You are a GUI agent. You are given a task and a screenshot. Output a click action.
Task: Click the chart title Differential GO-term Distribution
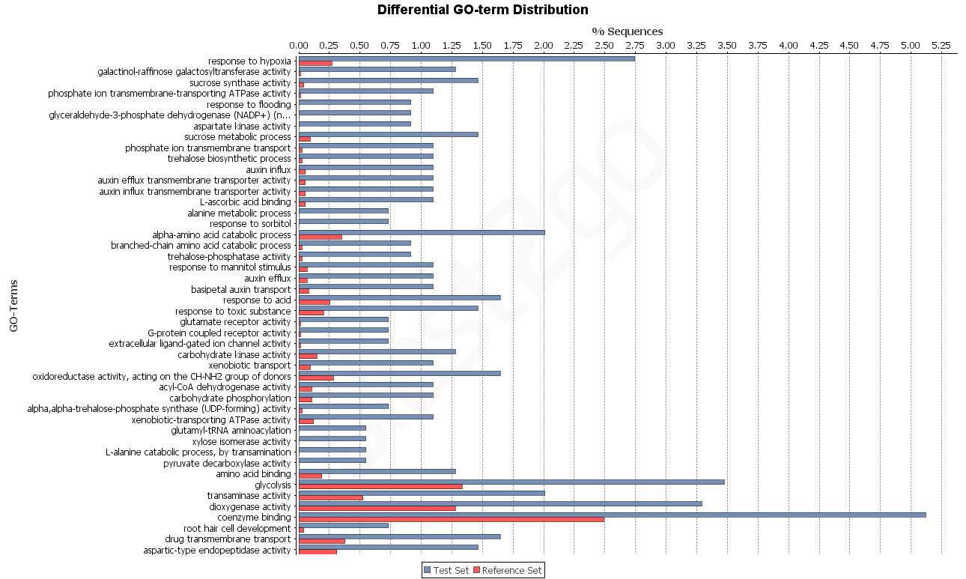pos(482,10)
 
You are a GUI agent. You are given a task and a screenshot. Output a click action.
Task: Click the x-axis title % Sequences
pos(627,31)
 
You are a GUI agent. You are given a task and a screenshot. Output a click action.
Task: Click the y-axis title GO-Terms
pos(13,306)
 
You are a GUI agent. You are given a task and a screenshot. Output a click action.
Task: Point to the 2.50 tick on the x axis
pos(604,46)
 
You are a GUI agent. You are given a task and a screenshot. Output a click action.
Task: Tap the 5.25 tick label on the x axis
pos(941,46)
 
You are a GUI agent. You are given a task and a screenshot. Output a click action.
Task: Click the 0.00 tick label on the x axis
pos(299,46)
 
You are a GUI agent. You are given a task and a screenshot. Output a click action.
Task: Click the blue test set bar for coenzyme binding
pos(612,515)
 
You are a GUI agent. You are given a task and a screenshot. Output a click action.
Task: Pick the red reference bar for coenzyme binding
pos(451,519)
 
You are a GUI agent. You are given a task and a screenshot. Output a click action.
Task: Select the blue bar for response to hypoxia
pos(467,58)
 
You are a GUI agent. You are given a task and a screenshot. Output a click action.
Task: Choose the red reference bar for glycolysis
pos(380,486)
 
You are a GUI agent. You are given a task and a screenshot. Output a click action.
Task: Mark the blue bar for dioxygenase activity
pos(500,503)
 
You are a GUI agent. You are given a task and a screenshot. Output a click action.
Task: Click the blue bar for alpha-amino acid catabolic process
pos(422,232)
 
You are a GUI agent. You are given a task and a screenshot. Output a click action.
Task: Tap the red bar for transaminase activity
pos(330,497)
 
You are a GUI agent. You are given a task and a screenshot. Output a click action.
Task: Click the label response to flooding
pos(249,105)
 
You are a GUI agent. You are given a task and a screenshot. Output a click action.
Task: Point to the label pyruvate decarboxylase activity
pos(227,464)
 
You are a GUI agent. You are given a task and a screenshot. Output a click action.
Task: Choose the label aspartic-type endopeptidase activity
pos(217,551)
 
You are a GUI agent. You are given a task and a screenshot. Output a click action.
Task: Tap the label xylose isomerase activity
pos(241,442)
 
